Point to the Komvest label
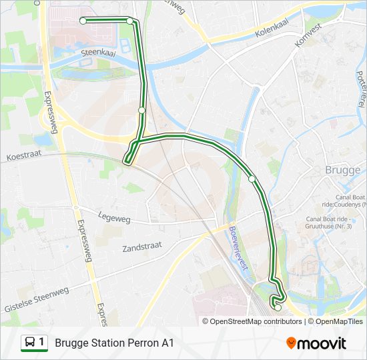(308, 34)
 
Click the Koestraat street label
(24, 157)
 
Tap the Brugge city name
(342, 170)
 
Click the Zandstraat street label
(142, 247)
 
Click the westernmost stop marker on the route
(83, 21)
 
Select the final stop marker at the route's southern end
(278, 307)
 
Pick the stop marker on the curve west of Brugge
(252, 179)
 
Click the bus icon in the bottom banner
(30, 343)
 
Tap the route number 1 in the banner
(42, 343)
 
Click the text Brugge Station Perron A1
(115, 343)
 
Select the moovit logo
(316, 343)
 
